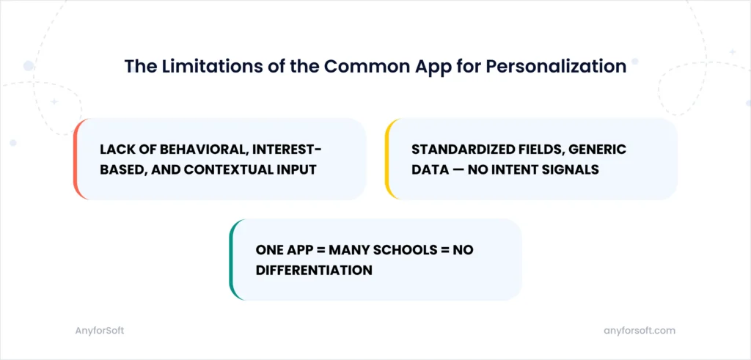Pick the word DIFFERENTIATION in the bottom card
click(314, 270)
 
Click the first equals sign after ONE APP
click(318, 250)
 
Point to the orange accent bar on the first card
click(76, 159)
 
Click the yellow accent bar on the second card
click(388, 159)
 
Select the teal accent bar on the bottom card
click(232, 260)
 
